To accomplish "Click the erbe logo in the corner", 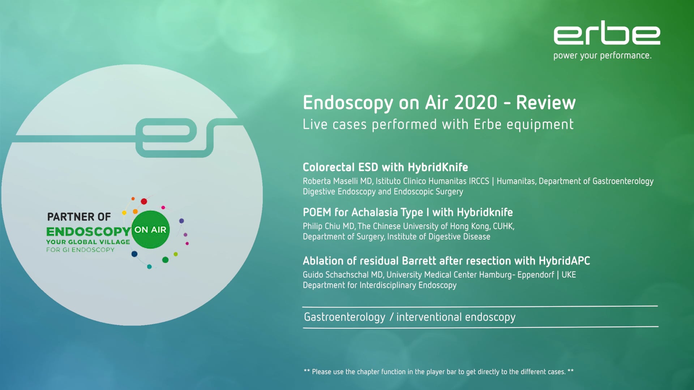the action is [x=607, y=32].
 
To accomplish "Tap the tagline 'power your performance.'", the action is [x=602, y=56].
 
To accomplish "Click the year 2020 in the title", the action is [x=476, y=103].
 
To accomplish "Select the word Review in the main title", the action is [x=546, y=103].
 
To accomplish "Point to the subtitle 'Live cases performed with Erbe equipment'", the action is [x=438, y=125].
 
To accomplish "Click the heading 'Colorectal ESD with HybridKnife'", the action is [x=385, y=167].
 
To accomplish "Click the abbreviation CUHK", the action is [x=503, y=226].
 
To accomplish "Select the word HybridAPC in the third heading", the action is [x=564, y=261].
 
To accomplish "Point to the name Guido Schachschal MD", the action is [x=343, y=275].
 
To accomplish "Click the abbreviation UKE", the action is [x=569, y=275].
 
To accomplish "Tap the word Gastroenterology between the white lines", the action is [x=345, y=317].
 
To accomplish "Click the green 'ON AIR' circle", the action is [x=150, y=230].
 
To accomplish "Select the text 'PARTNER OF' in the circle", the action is [x=79, y=217].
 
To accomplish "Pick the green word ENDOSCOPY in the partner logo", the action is [x=89, y=231].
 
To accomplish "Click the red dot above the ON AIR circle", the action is [x=144, y=201].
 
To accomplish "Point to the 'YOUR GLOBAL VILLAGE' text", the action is [x=88, y=242].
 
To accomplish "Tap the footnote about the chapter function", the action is [x=438, y=372].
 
